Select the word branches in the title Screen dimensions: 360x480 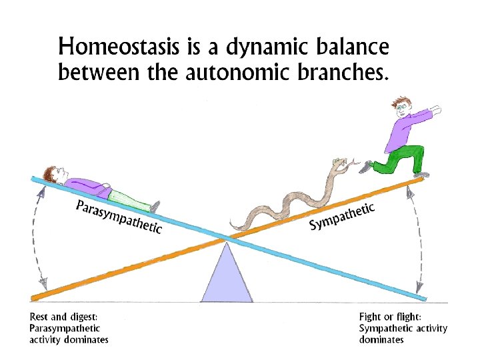point(341,71)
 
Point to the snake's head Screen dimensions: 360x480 point(341,161)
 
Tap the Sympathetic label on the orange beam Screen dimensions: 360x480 point(341,215)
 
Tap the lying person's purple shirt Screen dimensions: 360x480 point(90,186)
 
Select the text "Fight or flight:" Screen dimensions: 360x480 point(390,317)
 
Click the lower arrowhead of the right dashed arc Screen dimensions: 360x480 point(420,289)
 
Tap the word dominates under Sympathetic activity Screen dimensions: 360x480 point(381,339)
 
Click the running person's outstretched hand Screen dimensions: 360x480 point(435,107)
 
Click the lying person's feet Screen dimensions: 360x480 point(155,206)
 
